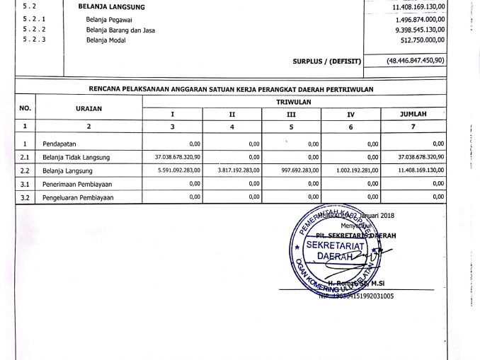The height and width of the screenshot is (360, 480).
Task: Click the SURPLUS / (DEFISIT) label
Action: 326,62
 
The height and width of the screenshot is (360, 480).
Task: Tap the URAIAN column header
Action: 88,108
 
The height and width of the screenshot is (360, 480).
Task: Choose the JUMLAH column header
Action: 413,114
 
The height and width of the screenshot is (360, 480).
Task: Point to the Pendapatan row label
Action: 56,144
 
